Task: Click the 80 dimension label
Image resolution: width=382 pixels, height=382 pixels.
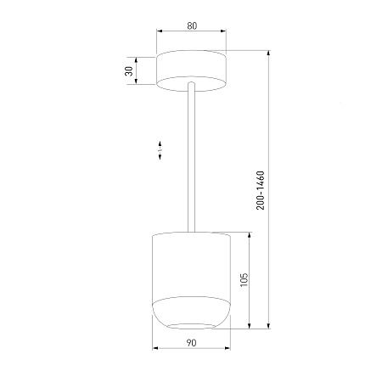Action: (x=192, y=25)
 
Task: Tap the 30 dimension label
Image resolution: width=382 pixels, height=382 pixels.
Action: (x=129, y=70)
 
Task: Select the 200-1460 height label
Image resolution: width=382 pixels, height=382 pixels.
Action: (x=261, y=190)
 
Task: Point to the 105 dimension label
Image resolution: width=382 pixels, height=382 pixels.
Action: (x=244, y=280)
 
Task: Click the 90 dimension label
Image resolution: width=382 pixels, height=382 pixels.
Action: (x=191, y=343)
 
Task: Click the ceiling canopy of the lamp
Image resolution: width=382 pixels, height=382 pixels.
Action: (x=191, y=70)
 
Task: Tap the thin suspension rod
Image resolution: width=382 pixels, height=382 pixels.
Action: (x=191, y=157)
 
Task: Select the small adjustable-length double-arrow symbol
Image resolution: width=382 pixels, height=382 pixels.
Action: (x=160, y=150)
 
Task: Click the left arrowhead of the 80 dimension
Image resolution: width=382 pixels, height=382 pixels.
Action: (x=160, y=31)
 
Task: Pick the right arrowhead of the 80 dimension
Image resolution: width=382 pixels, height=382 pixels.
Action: (x=223, y=31)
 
